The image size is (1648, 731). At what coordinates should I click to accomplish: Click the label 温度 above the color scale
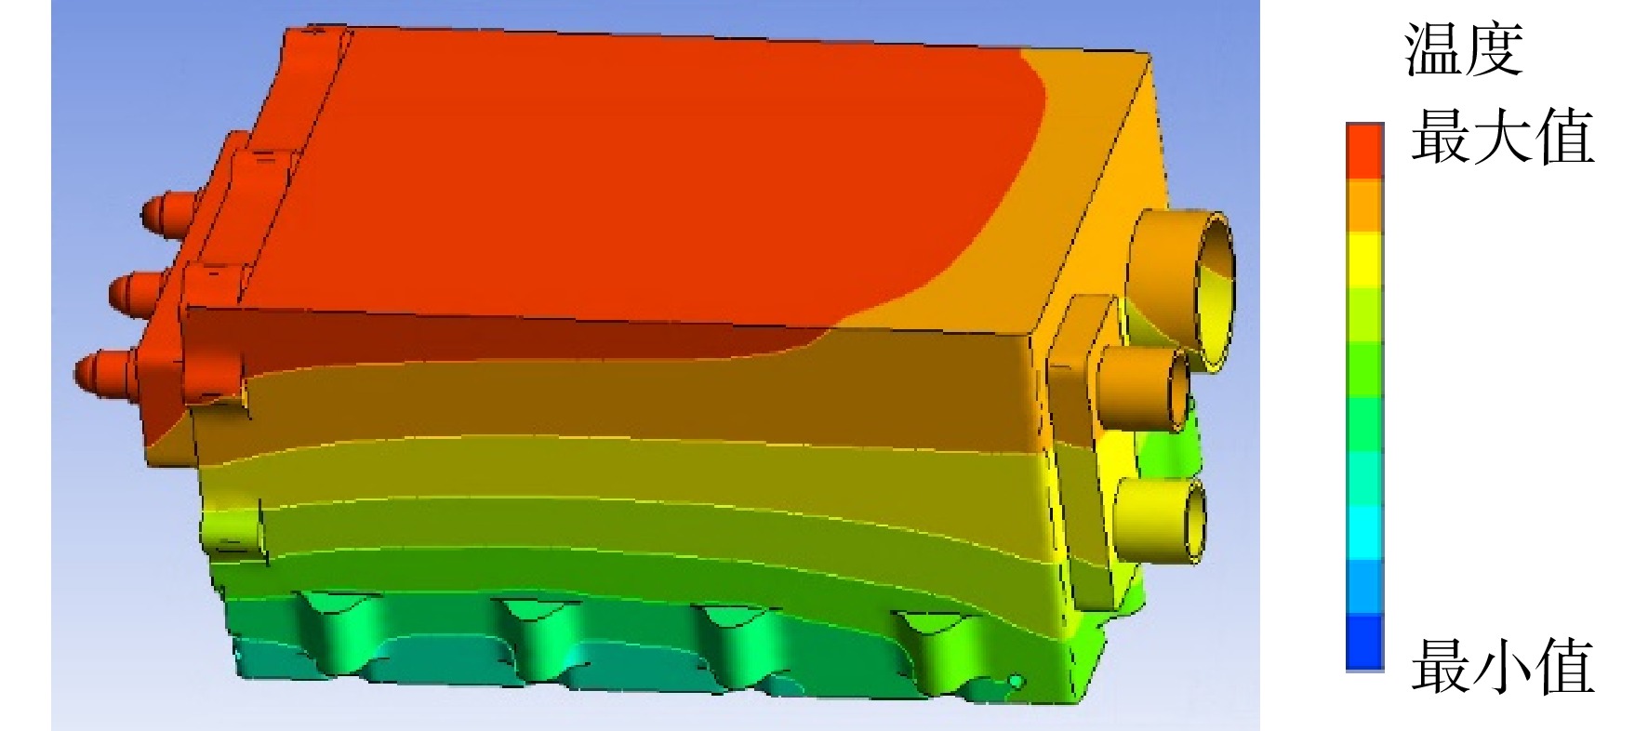(1464, 50)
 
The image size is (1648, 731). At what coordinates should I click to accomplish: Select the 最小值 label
(1502, 666)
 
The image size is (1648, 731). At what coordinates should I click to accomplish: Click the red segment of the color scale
(1364, 150)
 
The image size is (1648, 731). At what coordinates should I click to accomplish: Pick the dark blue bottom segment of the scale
(1364, 642)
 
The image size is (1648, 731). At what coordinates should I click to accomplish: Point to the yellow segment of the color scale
(1364, 259)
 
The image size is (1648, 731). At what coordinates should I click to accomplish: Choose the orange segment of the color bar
(1364, 205)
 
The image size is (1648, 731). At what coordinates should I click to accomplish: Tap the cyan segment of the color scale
(1364, 533)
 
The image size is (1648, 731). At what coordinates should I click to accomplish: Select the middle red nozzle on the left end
(140, 293)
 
